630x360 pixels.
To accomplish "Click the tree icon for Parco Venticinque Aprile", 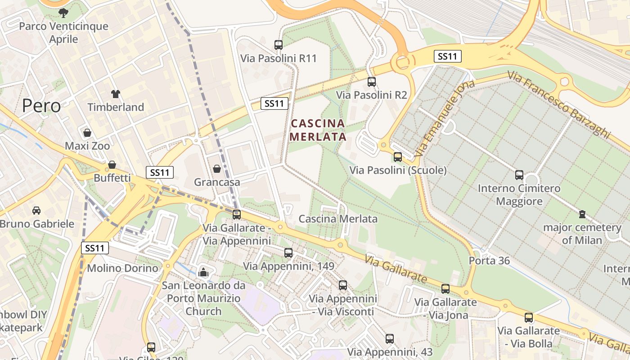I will [x=63, y=13].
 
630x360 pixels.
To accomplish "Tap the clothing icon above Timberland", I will [x=116, y=94].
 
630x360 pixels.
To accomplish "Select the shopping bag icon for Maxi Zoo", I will [x=87, y=133].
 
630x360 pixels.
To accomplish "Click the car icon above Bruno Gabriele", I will [x=36, y=210].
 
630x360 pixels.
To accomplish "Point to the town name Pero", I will [x=41, y=106].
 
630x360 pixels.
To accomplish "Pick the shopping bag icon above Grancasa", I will [x=217, y=169].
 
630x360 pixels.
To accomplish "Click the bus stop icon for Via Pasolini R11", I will [x=279, y=45].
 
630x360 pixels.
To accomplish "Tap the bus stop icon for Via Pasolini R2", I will [x=371, y=82].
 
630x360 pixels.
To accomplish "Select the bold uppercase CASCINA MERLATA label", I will [x=318, y=130].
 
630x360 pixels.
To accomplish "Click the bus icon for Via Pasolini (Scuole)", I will [x=398, y=157].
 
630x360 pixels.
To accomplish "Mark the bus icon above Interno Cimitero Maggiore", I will [x=519, y=175].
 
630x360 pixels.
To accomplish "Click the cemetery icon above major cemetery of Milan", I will [x=582, y=214].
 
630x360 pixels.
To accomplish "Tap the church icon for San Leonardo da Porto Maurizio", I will [x=203, y=272].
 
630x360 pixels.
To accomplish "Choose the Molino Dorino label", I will [x=122, y=268].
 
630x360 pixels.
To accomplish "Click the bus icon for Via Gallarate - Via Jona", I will [x=445, y=289].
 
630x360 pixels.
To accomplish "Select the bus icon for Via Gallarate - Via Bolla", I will [x=529, y=318].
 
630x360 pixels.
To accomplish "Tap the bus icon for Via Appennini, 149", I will [x=288, y=253].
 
